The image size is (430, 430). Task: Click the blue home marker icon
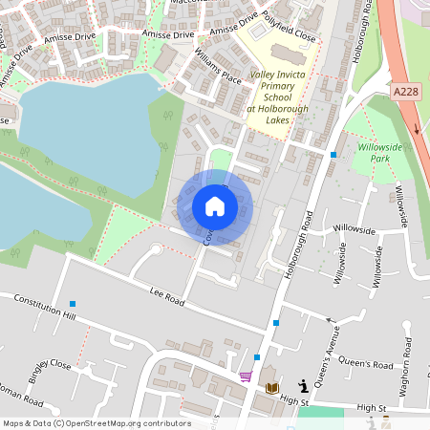215,206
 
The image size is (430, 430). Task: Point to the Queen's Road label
367,365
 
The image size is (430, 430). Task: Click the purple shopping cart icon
247,376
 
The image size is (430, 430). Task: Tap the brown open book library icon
272,387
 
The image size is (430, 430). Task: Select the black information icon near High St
304,386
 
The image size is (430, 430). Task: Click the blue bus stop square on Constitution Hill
73,304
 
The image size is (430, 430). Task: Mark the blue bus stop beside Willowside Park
333,155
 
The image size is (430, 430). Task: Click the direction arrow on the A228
417,127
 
